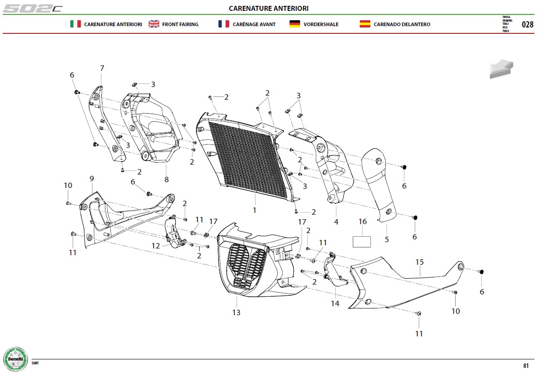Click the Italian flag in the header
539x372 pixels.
[x=75, y=24]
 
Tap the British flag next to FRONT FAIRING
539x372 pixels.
[x=154, y=24]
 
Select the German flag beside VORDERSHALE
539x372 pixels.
[x=295, y=24]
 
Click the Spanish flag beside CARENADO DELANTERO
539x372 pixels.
[x=365, y=24]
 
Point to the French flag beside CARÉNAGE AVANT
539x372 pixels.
[x=224, y=24]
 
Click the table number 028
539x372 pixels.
[x=527, y=24]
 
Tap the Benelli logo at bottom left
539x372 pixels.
[x=15, y=359]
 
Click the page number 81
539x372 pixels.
[x=525, y=366]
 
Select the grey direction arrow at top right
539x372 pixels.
[x=501, y=69]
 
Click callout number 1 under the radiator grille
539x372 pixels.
[x=254, y=210]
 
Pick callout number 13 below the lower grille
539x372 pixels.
[x=236, y=312]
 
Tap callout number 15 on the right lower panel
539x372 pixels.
[x=420, y=262]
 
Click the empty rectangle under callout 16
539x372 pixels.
[x=361, y=242]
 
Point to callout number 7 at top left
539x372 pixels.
[x=102, y=69]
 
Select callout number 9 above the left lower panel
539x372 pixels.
[x=92, y=179]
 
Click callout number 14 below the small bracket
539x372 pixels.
[x=335, y=303]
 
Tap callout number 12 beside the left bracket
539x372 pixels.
[x=156, y=246]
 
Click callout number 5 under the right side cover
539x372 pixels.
[x=387, y=239]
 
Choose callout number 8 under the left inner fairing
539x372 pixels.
[x=166, y=179]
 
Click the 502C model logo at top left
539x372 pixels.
[x=32, y=9]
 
